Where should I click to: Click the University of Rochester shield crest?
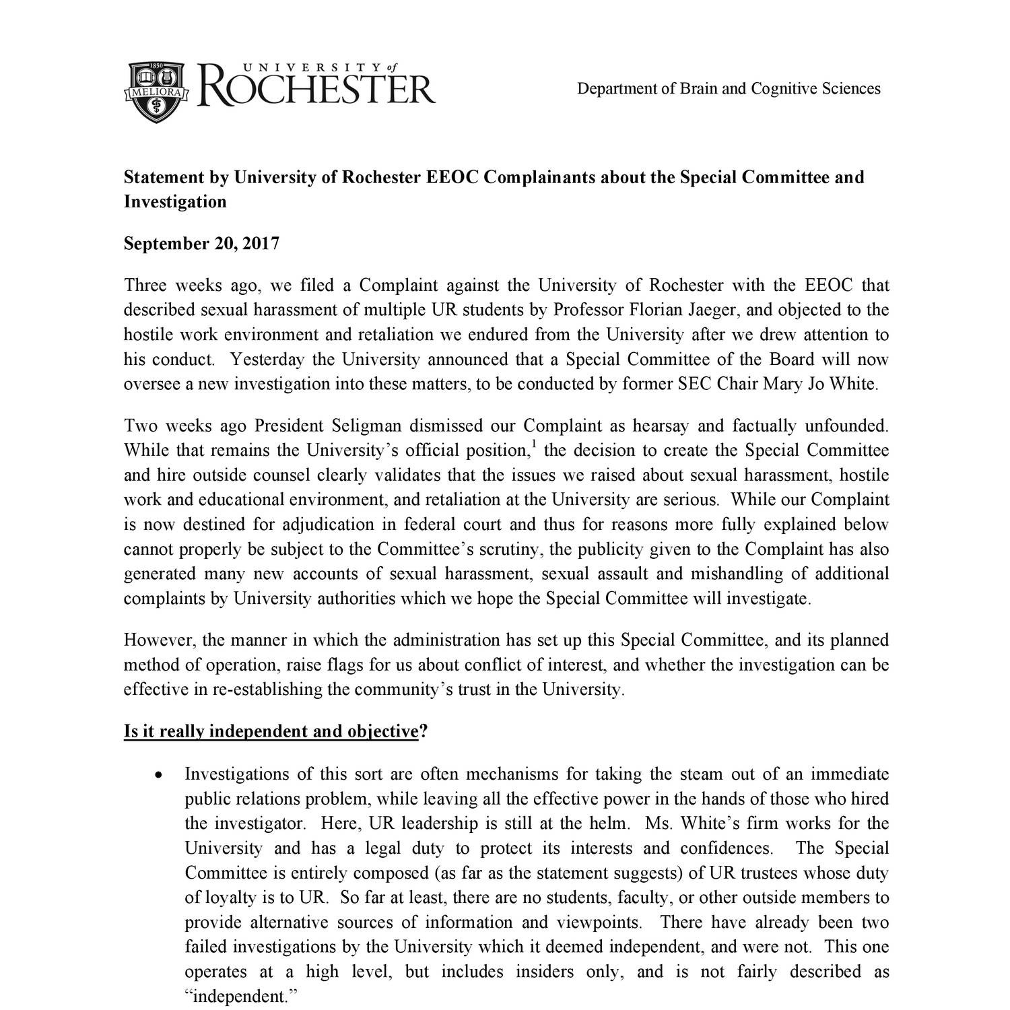(x=157, y=91)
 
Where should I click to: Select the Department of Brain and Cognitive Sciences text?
(x=729, y=89)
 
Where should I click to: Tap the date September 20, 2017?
(x=201, y=244)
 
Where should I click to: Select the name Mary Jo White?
(x=820, y=384)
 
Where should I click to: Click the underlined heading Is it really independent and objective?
(x=271, y=731)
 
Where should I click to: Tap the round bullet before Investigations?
(x=158, y=775)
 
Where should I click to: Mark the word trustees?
(x=769, y=873)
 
